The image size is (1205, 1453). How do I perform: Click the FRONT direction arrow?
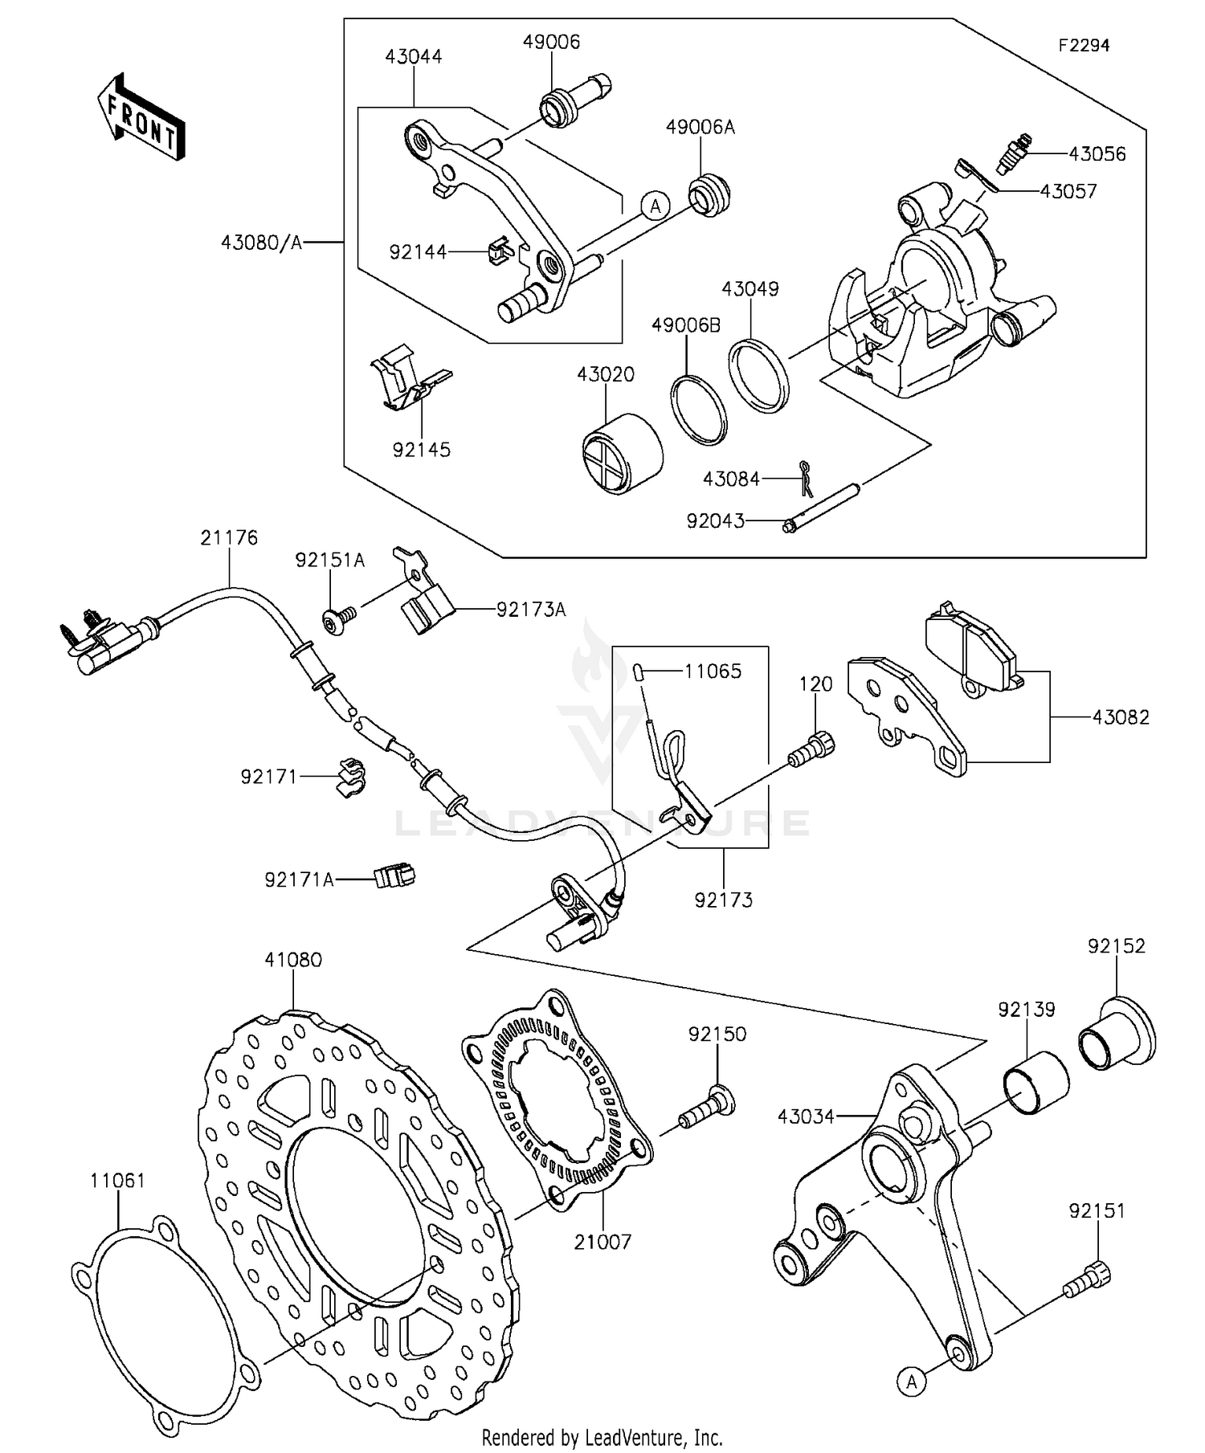point(141,117)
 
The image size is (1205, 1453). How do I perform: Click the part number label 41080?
point(293,960)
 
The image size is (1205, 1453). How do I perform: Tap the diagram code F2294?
point(1083,46)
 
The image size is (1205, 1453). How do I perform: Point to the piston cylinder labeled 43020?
point(623,454)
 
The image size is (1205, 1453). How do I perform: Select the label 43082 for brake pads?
point(1120,717)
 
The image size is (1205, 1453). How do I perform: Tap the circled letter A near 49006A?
point(656,206)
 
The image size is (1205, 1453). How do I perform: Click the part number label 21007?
point(602,1242)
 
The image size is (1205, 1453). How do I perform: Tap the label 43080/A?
point(261,242)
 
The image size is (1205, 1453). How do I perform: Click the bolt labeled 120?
point(811,749)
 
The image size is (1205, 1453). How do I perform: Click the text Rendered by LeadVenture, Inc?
point(602,1437)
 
